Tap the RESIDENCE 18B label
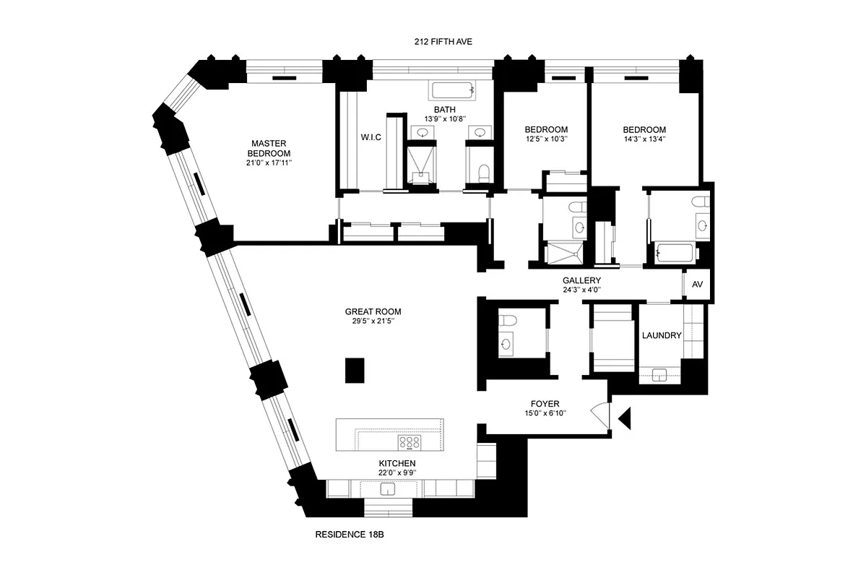tap(354, 535)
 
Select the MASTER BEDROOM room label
tap(269, 148)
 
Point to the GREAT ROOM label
tap(373, 312)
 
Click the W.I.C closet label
tap(371, 137)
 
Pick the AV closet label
tap(697, 285)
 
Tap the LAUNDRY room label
tap(662, 335)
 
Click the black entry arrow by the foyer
tap(625, 417)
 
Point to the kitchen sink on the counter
tap(388, 489)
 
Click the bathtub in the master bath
tap(453, 90)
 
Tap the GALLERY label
tap(581, 280)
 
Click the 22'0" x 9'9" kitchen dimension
tap(397, 473)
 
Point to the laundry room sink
tap(659, 374)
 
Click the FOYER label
tap(545, 404)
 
